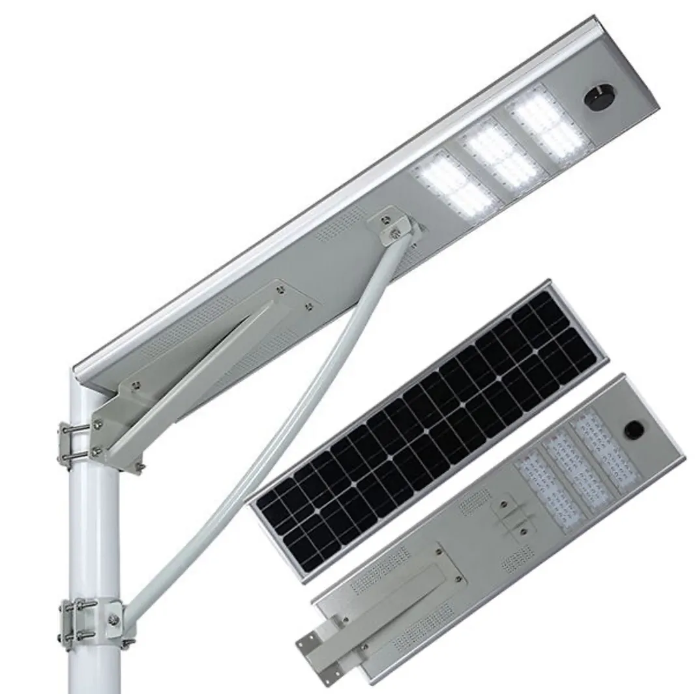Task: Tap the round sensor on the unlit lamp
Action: [631, 430]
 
